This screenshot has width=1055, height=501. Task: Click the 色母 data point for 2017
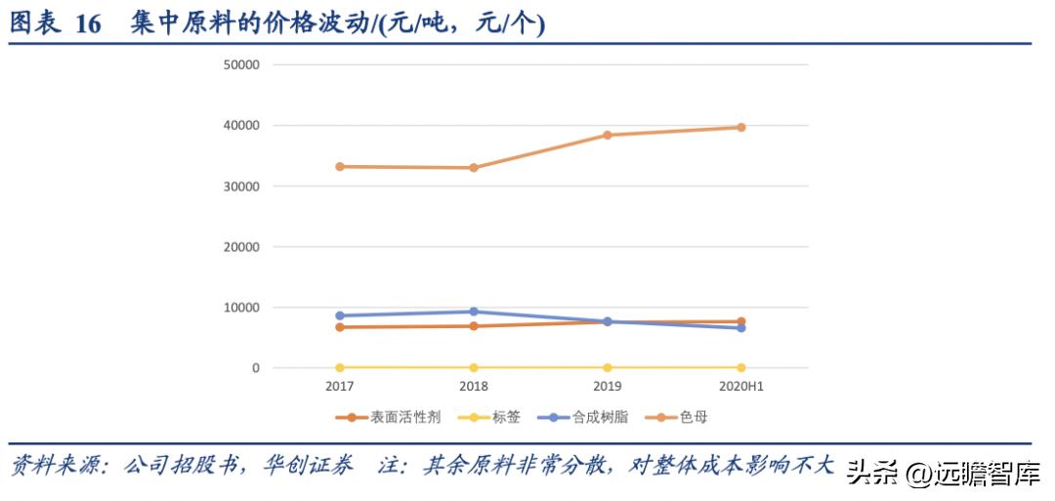[x=340, y=167]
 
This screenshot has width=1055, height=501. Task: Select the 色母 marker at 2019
[x=607, y=135]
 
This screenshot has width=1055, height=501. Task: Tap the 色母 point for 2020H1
[x=740, y=127]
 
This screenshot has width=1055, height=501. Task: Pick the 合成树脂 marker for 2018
[x=474, y=312]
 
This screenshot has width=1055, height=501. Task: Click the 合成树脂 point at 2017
[x=340, y=316]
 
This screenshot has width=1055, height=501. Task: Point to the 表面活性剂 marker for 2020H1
[x=740, y=321]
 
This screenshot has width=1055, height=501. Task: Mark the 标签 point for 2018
[x=474, y=367]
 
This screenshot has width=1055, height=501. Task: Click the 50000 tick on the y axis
[x=241, y=65]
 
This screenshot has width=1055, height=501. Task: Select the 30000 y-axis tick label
[x=241, y=187]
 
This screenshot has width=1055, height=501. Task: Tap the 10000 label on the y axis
[x=241, y=308]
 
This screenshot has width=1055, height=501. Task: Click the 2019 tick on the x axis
[x=607, y=387]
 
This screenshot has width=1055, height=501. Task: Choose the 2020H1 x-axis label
[x=740, y=387]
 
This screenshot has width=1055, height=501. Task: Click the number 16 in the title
[x=88, y=24]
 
